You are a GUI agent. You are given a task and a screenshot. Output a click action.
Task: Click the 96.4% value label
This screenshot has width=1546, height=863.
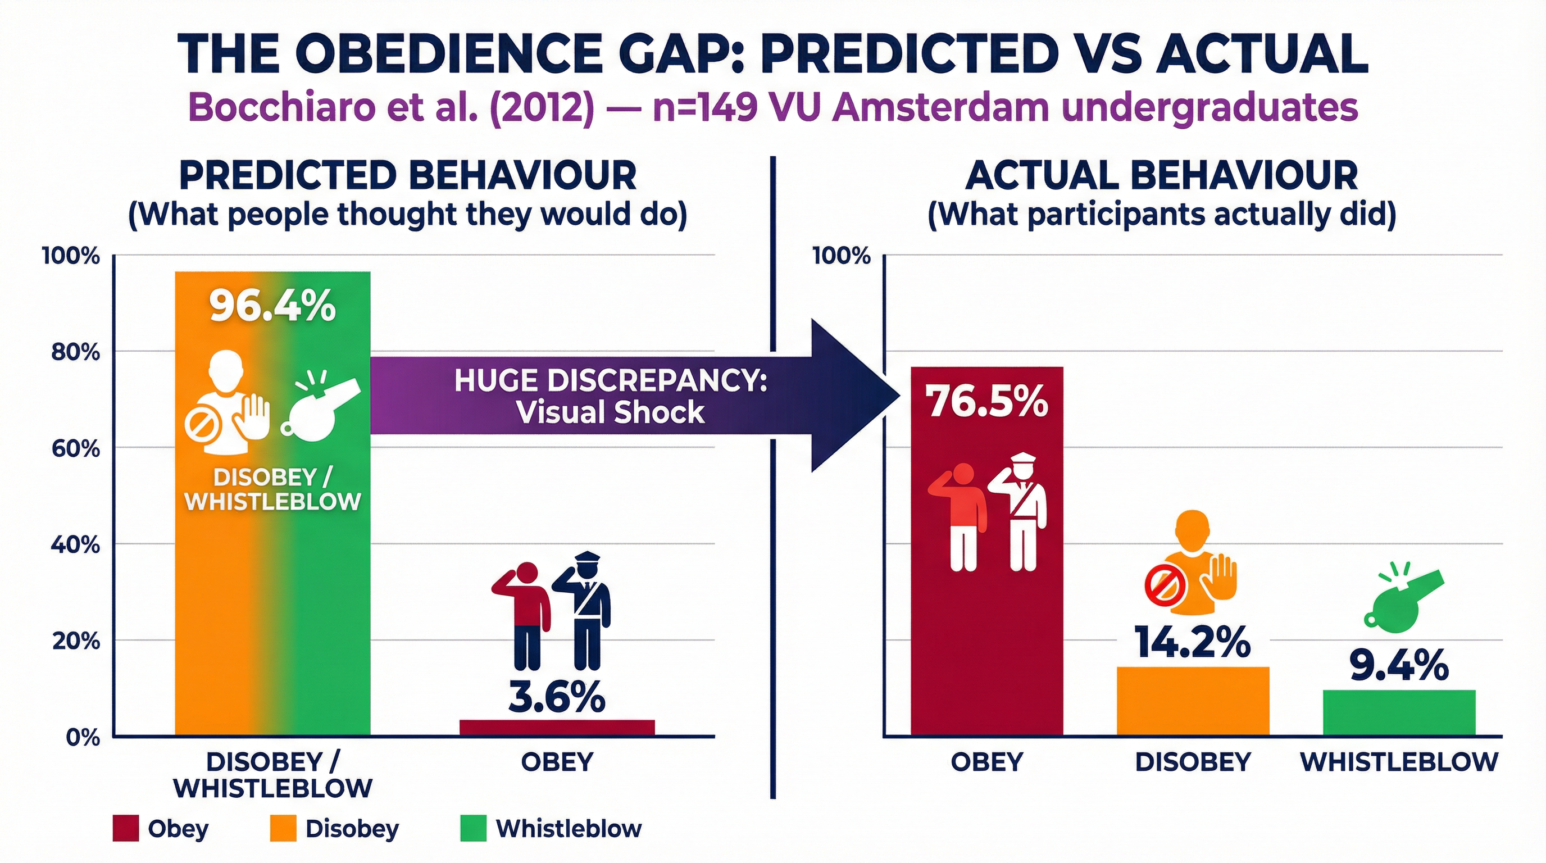tap(272, 307)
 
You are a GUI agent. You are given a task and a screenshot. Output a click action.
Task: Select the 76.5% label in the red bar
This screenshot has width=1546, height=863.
tap(986, 401)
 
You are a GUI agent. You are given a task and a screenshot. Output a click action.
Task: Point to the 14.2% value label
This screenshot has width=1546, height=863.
tap(1193, 643)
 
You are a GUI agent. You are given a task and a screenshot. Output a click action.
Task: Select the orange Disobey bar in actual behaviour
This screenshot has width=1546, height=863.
tap(1193, 701)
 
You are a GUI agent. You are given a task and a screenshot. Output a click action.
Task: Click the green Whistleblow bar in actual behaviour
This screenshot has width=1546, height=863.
tap(1399, 712)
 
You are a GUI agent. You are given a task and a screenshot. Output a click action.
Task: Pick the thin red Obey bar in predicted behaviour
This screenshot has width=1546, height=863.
tap(556, 728)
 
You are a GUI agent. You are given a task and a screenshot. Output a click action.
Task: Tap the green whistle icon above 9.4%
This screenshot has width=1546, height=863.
tap(1402, 606)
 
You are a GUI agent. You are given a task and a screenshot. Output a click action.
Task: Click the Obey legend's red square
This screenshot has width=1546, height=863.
tap(125, 828)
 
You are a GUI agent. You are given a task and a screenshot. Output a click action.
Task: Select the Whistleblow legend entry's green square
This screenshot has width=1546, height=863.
tap(473, 828)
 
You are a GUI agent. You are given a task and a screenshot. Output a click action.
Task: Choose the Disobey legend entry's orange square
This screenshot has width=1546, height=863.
tap(283, 828)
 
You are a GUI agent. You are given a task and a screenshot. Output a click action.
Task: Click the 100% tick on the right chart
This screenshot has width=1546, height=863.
tap(841, 256)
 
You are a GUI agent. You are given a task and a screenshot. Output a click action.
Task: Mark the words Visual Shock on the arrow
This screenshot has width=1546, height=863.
tap(610, 412)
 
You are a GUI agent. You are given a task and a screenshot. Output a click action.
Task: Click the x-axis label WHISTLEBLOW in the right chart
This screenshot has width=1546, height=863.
tap(1399, 761)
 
